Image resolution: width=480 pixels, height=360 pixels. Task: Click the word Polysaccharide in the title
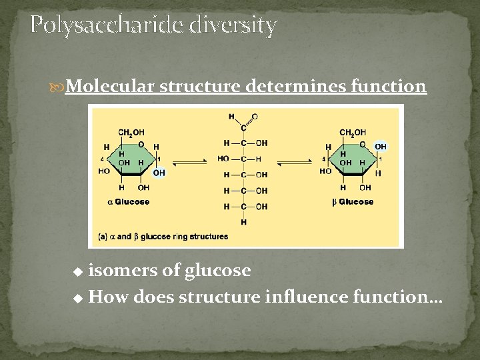pos(107,25)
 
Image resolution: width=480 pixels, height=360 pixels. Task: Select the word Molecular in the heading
pos(110,86)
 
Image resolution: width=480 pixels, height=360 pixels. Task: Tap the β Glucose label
pos(353,201)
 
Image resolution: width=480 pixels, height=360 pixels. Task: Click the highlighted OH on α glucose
pos(159,173)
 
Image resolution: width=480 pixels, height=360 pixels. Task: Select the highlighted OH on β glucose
pos(380,147)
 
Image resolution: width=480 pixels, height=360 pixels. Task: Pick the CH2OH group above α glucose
pos(131,133)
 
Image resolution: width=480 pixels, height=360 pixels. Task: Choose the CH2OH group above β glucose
pos(352,133)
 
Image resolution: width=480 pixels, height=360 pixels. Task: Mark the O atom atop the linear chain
pos(255,117)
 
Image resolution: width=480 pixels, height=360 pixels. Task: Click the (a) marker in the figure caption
pos(103,236)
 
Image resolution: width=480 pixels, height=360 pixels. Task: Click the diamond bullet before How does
pos(78,297)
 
